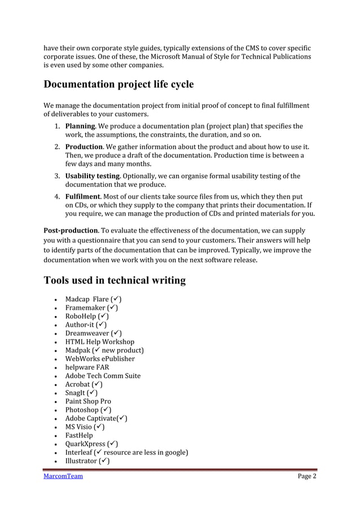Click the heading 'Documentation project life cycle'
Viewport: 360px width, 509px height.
(x=118, y=85)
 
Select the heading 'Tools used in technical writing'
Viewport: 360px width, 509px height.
(x=115, y=280)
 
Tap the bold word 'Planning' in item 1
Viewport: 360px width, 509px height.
(x=80, y=126)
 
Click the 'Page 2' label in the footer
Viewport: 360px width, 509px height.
(x=307, y=476)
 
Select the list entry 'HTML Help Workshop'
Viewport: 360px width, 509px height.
(x=99, y=341)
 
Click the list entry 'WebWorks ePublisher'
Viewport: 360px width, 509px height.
(x=100, y=358)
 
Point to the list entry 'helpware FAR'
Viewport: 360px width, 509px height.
(x=87, y=367)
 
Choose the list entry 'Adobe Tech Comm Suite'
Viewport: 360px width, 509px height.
(x=103, y=376)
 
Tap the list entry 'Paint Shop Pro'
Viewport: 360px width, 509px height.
(x=88, y=401)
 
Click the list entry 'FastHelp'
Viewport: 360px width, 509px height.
(x=79, y=436)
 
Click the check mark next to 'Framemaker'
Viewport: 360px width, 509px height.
(x=113, y=308)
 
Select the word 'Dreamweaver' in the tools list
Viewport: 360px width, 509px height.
(x=87, y=333)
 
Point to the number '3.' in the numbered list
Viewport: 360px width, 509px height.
(x=58, y=176)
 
